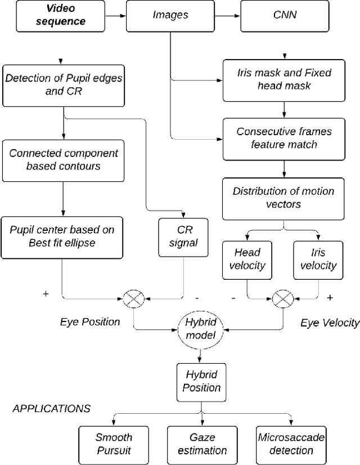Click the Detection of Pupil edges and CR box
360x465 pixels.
pyautogui.click(x=63, y=84)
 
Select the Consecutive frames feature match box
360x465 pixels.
pyautogui.click(x=284, y=138)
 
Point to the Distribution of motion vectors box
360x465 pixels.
pyautogui.click(x=283, y=198)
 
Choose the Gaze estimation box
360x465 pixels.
pyautogui.click(x=200, y=444)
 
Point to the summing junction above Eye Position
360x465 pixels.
pyautogui.click(x=133, y=298)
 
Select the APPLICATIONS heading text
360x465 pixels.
pyautogui.click(x=51, y=408)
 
